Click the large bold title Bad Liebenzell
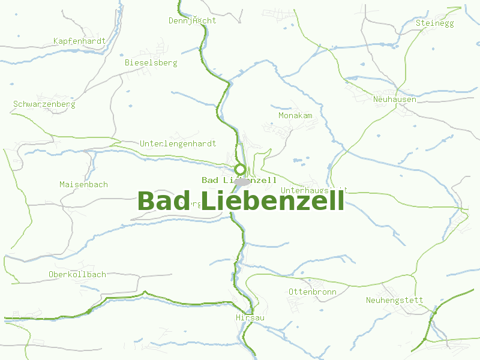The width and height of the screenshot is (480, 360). click(241, 202)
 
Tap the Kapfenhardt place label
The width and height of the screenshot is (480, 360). click(79, 41)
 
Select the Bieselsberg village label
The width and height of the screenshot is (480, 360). click(151, 62)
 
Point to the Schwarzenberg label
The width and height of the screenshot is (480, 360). click(44, 104)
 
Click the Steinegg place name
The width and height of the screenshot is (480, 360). click(434, 23)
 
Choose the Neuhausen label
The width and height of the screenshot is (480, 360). click(394, 100)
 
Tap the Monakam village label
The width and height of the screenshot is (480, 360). click(295, 115)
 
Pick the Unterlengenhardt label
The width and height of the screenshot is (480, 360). click(178, 144)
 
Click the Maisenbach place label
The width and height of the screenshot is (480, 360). click(83, 184)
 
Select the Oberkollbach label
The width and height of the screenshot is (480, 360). click(77, 275)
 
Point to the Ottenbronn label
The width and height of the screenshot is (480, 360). click(312, 292)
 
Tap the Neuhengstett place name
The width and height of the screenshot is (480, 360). click(394, 300)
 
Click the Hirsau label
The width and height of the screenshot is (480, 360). click(250, 317)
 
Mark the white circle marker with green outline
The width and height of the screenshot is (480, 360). click(240, 169)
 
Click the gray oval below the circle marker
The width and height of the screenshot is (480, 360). click(242, 182)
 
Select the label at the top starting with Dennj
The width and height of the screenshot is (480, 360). click(192, 20)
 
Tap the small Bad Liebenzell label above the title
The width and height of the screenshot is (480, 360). click(239, 180)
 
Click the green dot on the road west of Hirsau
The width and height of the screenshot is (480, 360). click(89, 311)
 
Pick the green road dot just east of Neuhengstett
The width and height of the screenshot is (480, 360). click(435, 312)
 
